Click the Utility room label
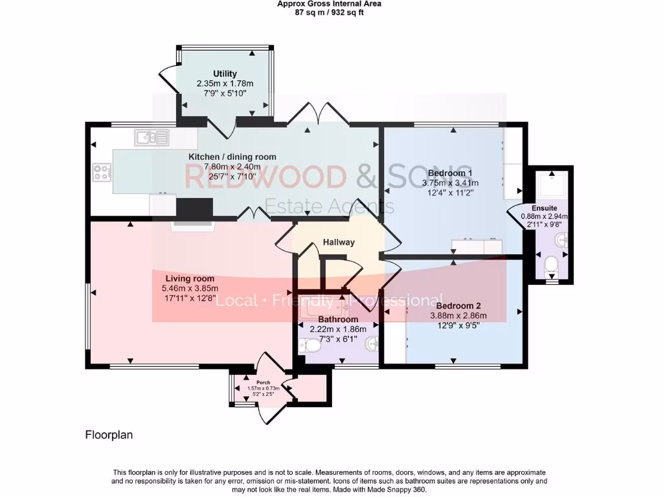225,74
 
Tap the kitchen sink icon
152,137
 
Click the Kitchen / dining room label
232,157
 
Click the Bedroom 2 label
458,305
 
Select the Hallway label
339,243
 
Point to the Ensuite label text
544,208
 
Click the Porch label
263,382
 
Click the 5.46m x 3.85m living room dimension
190,289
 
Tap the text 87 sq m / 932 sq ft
330,12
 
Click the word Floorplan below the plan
109,435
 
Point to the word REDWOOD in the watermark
265,177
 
